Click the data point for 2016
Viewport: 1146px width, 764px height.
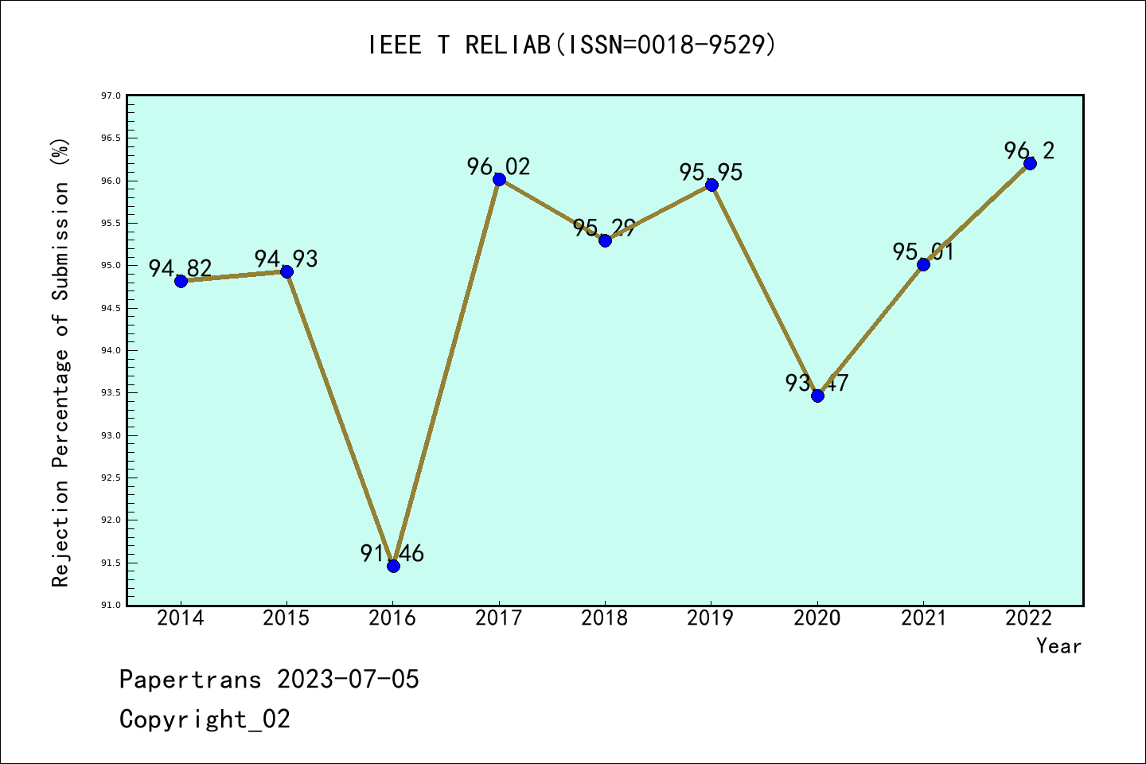(393, 566)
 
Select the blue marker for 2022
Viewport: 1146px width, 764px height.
(1030, 163)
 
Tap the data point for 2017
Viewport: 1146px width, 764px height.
(499, 179)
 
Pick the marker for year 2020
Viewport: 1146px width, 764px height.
(817, 396)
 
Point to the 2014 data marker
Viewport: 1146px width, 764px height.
(181, 281)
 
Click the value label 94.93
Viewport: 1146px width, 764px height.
(286, 259)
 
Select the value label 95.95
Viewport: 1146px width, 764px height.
(711, 172)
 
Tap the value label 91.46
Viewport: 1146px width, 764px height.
(392, 553)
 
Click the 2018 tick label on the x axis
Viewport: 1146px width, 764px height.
(605, 618)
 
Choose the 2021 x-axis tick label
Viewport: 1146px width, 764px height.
(923, 618)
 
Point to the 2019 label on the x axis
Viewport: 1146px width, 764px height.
(711, 618)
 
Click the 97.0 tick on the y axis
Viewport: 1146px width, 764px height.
(111, 96)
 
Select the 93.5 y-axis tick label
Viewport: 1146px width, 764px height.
(111, 393)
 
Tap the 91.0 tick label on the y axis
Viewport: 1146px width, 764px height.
(111, 606)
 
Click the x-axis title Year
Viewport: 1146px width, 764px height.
(1058, 646)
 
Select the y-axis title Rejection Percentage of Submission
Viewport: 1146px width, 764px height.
(61, 362)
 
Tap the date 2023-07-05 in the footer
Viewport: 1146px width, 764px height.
(348, 680)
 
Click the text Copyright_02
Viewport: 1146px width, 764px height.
(205, 719)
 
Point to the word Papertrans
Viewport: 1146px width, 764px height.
(190, 680)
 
